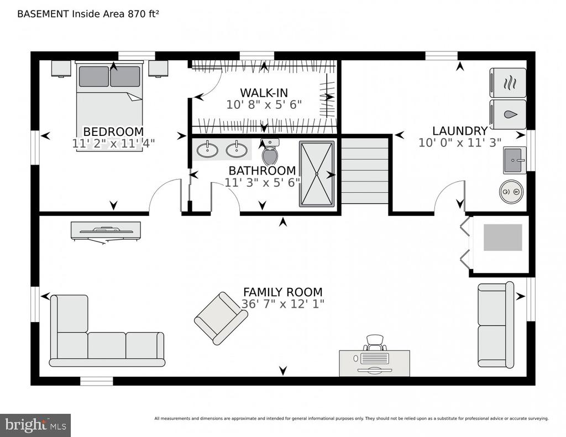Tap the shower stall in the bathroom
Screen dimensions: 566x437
(317, 174)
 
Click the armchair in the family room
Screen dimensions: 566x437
(221, 318)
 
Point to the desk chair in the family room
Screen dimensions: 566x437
(375, 343)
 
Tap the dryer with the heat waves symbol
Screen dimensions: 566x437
(508, 83)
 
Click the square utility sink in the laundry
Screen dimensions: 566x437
(515, 160)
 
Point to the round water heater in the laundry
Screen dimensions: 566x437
(511, 192)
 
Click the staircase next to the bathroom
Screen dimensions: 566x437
(365, 171)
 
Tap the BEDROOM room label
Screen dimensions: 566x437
(113, 131)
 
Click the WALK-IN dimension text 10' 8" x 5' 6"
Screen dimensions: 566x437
(264, 104)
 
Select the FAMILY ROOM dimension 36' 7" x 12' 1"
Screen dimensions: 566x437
(282, 304)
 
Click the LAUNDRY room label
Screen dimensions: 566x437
(460, 130)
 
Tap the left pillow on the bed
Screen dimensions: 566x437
(94, 76)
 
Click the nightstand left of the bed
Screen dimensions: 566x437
(61, 69)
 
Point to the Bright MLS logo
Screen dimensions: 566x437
(35, 425)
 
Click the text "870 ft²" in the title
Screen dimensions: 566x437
(143, 14)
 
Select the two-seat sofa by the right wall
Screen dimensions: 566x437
(496, 325)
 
